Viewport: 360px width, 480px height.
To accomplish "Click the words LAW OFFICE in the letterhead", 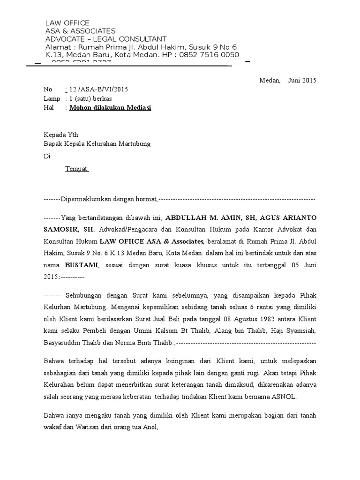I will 67,23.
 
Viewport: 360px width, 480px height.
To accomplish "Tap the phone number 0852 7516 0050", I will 207,55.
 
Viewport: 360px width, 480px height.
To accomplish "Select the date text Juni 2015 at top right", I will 302,80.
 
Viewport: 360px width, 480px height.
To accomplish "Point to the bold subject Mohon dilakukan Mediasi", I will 110,108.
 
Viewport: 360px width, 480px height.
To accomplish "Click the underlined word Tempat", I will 77,169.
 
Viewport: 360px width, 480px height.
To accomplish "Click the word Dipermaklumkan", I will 85,200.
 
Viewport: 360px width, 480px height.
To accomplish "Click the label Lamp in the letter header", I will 52,99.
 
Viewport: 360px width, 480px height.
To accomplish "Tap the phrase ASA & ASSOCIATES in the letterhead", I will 80,31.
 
